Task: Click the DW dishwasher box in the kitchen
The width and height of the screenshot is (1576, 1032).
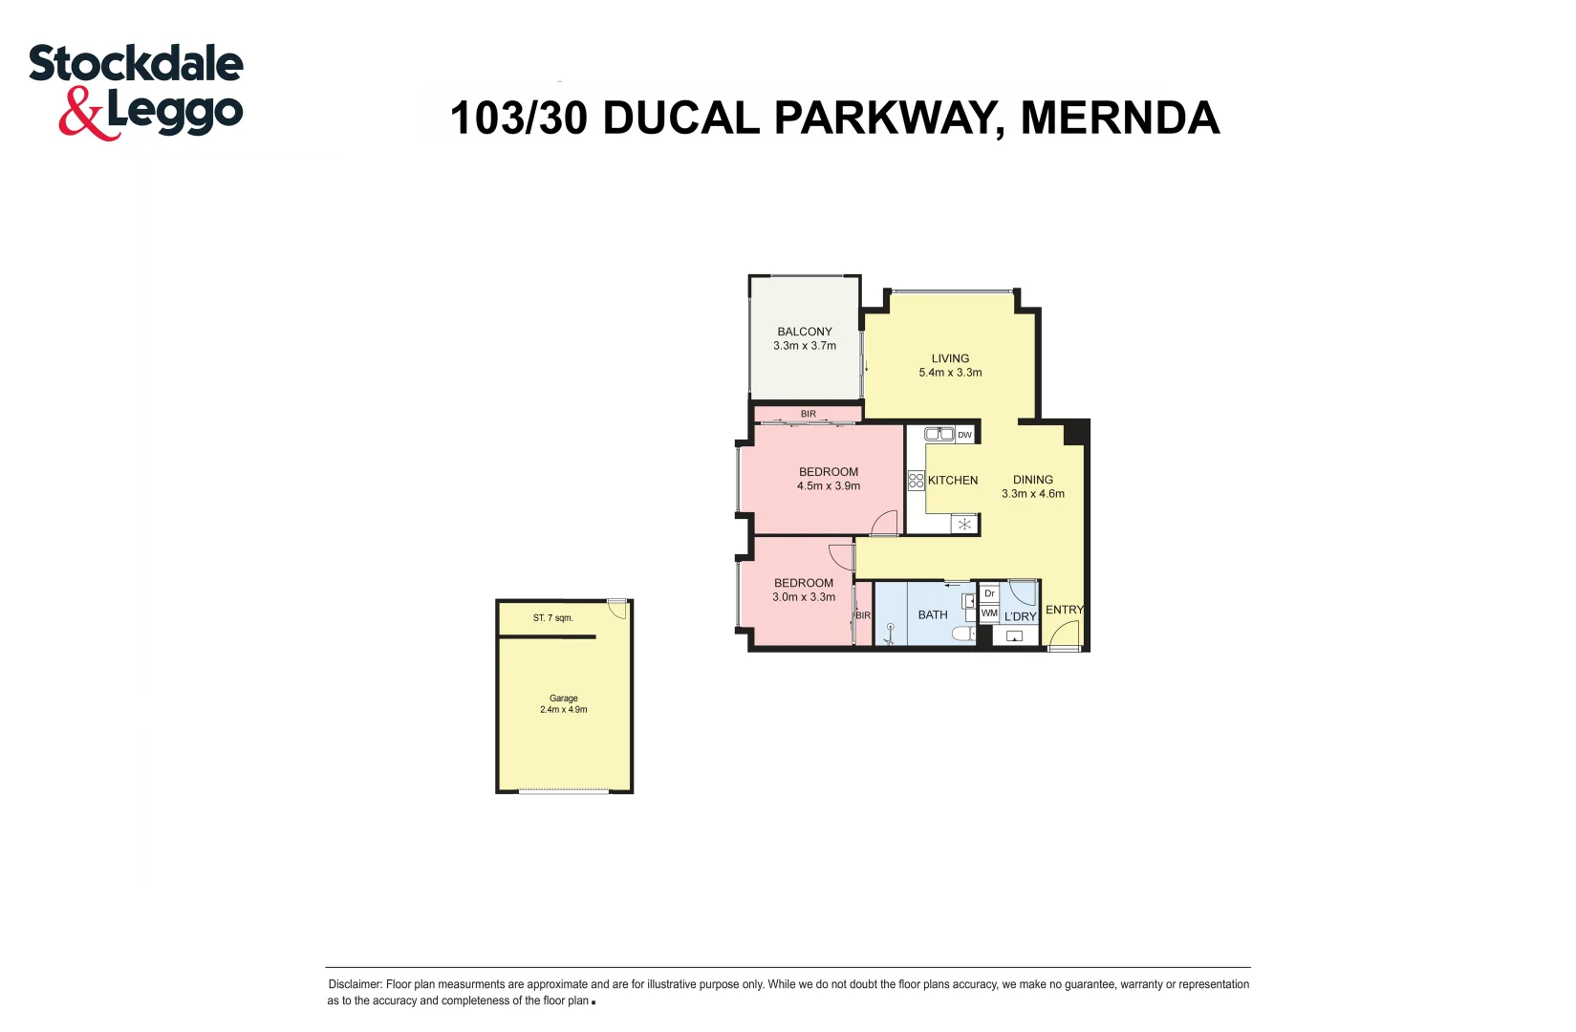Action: click(964, 435)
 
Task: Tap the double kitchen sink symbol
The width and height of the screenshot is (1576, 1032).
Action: click(939, 434)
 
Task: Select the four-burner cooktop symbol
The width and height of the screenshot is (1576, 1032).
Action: click(916, 480)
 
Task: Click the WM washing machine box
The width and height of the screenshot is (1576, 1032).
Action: click(989, 613)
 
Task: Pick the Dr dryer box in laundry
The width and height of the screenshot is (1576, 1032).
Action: click(989, 593)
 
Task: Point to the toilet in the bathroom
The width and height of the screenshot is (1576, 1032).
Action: click(963, 634)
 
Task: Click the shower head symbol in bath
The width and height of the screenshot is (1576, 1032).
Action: click(890, 630)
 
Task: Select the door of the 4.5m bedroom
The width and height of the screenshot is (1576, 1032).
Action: click(885, 523)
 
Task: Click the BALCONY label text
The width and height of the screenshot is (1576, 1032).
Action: click(804, 332)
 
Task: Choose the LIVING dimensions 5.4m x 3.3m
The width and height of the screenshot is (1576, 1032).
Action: click(950, 373)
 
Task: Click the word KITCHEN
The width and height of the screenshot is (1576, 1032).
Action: click(952, 481)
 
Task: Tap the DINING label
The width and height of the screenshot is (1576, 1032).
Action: click(1032, 480)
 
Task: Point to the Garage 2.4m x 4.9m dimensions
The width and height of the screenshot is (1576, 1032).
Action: click(563, 710)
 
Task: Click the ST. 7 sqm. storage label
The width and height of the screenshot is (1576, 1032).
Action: click(552, 618)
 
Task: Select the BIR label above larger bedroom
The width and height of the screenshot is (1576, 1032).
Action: click(809, 414)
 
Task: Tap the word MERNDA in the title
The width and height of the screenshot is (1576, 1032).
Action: click(1119, 118)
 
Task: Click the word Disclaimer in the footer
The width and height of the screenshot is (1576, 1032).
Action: click(355, 984)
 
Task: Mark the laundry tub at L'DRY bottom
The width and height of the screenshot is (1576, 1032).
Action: click(1014, 635)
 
